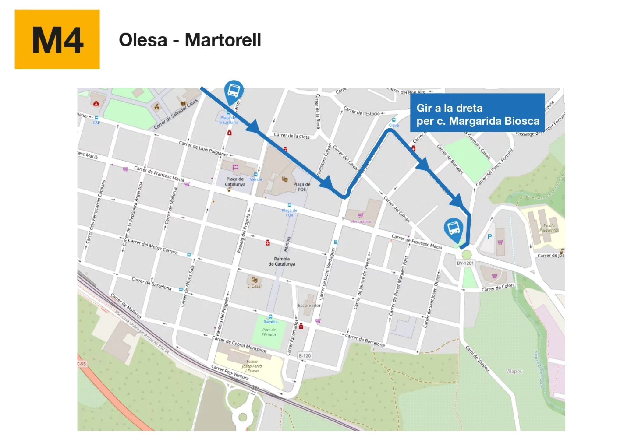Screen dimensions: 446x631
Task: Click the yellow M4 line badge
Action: (x=57, y=39)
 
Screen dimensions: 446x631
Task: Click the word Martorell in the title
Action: (x=223, y=40)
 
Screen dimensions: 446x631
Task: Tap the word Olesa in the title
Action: (x=143, y=40)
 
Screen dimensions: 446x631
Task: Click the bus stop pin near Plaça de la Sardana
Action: (x=234, y=92)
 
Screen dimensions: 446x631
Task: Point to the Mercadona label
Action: (x=361, y=221)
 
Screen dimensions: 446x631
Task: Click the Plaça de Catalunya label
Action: (x=235, y=182)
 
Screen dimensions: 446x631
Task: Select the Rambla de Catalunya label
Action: (x=282, y=261)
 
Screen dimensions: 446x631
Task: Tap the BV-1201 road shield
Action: (x=465, y=263)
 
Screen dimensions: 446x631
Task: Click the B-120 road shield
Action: (x=305, y=356)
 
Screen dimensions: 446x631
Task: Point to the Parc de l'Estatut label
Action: (x=269, y=332)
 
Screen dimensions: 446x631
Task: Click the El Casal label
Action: (x=254, y=286)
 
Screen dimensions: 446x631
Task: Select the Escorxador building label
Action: (x=309, y=306)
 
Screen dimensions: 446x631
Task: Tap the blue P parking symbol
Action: (x=489, y=237)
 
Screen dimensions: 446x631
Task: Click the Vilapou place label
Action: (x=514, y=371)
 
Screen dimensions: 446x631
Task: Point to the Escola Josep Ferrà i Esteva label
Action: (x=252, y=366)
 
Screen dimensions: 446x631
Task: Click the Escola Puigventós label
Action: (x=549, y=228)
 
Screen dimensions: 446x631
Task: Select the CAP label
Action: (x=96, y=123)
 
